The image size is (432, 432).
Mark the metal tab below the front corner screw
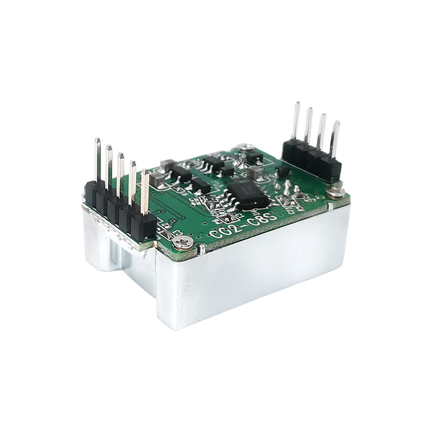click(x=200, y=249)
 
